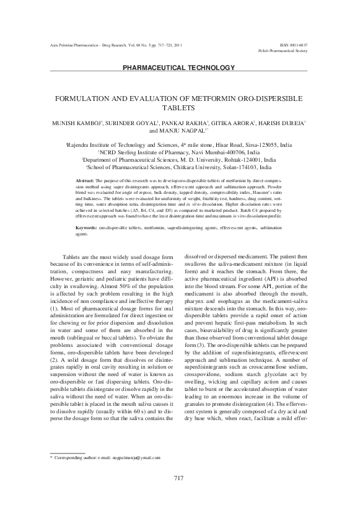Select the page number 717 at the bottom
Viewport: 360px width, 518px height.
pos(179,496)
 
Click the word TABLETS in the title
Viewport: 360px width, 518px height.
pos(179,107)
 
